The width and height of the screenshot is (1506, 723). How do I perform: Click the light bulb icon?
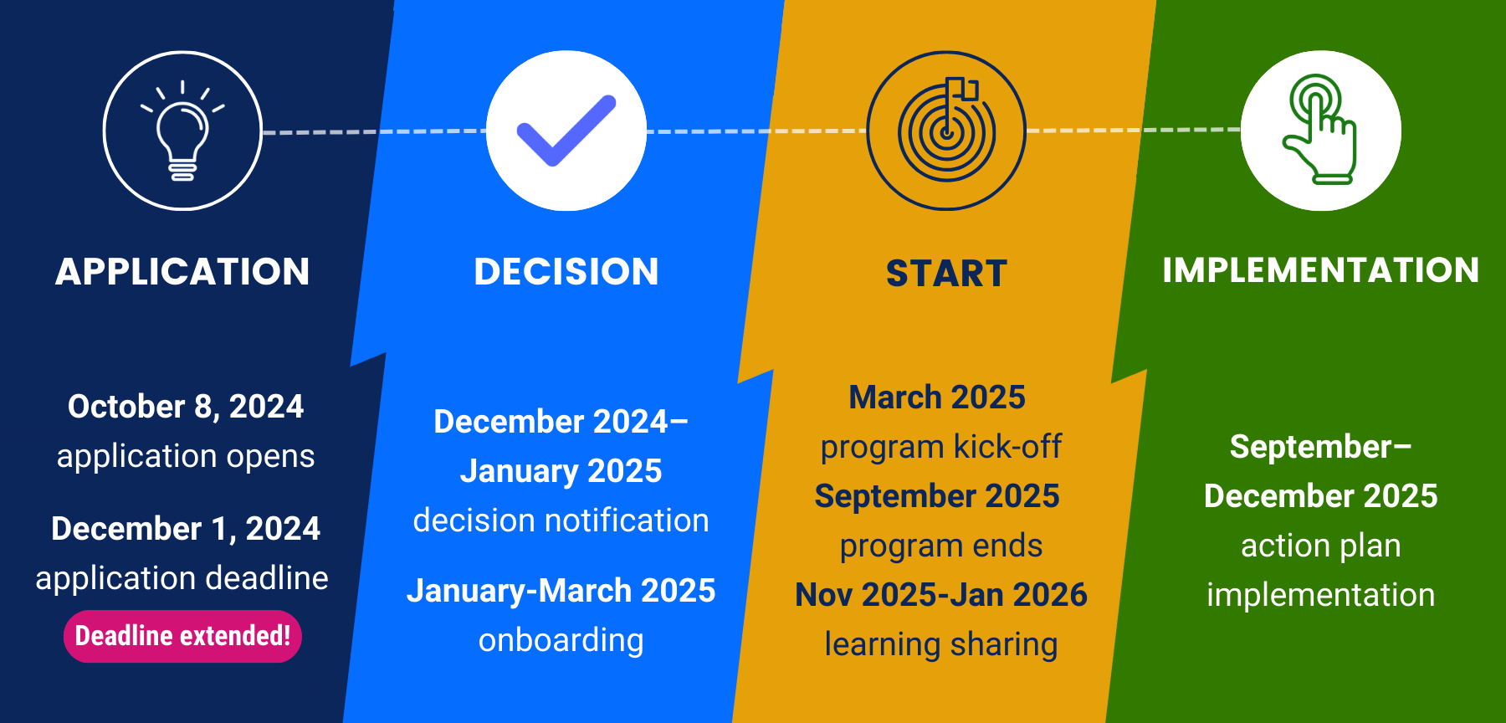click(x=182, y=131)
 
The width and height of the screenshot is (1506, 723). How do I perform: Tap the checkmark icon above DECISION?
click(x=566, y=131)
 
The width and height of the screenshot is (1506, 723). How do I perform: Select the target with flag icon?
click(x=946, y=131)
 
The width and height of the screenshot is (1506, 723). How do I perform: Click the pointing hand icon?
click(x=1320, y=131)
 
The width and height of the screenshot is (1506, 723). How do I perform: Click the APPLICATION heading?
click(x=182, y=272)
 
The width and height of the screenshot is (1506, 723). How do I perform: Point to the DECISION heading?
click(x=566, y=272)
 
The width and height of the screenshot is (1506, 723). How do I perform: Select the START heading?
click(x=946, y=274)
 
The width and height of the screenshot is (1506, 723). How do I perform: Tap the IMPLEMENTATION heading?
click(x=1320, y=270)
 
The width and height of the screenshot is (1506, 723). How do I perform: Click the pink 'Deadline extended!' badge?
click(x=182, y=636)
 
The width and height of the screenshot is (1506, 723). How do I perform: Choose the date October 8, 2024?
click(x=186, y=407)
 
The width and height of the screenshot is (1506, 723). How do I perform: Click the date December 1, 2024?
click(x=186, y=529)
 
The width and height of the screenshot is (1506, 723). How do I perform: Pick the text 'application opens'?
click(x=186, y=456)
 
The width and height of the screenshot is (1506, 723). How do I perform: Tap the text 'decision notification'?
click(x=561, y=520)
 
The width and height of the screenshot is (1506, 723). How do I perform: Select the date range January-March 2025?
click(x=561, y=591)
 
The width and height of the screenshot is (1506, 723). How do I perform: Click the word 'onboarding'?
click(x=561, y=640)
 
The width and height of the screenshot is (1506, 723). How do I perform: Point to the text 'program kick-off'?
click(x=940, y=447)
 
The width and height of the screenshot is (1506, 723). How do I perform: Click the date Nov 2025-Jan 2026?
click(x=940, y=595)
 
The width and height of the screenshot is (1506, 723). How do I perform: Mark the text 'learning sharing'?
click(x=940, y=644)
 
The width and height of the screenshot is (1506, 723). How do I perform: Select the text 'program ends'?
click(x=940, y=546)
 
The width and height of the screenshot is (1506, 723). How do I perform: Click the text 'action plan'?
click(x=1320, y=546)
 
